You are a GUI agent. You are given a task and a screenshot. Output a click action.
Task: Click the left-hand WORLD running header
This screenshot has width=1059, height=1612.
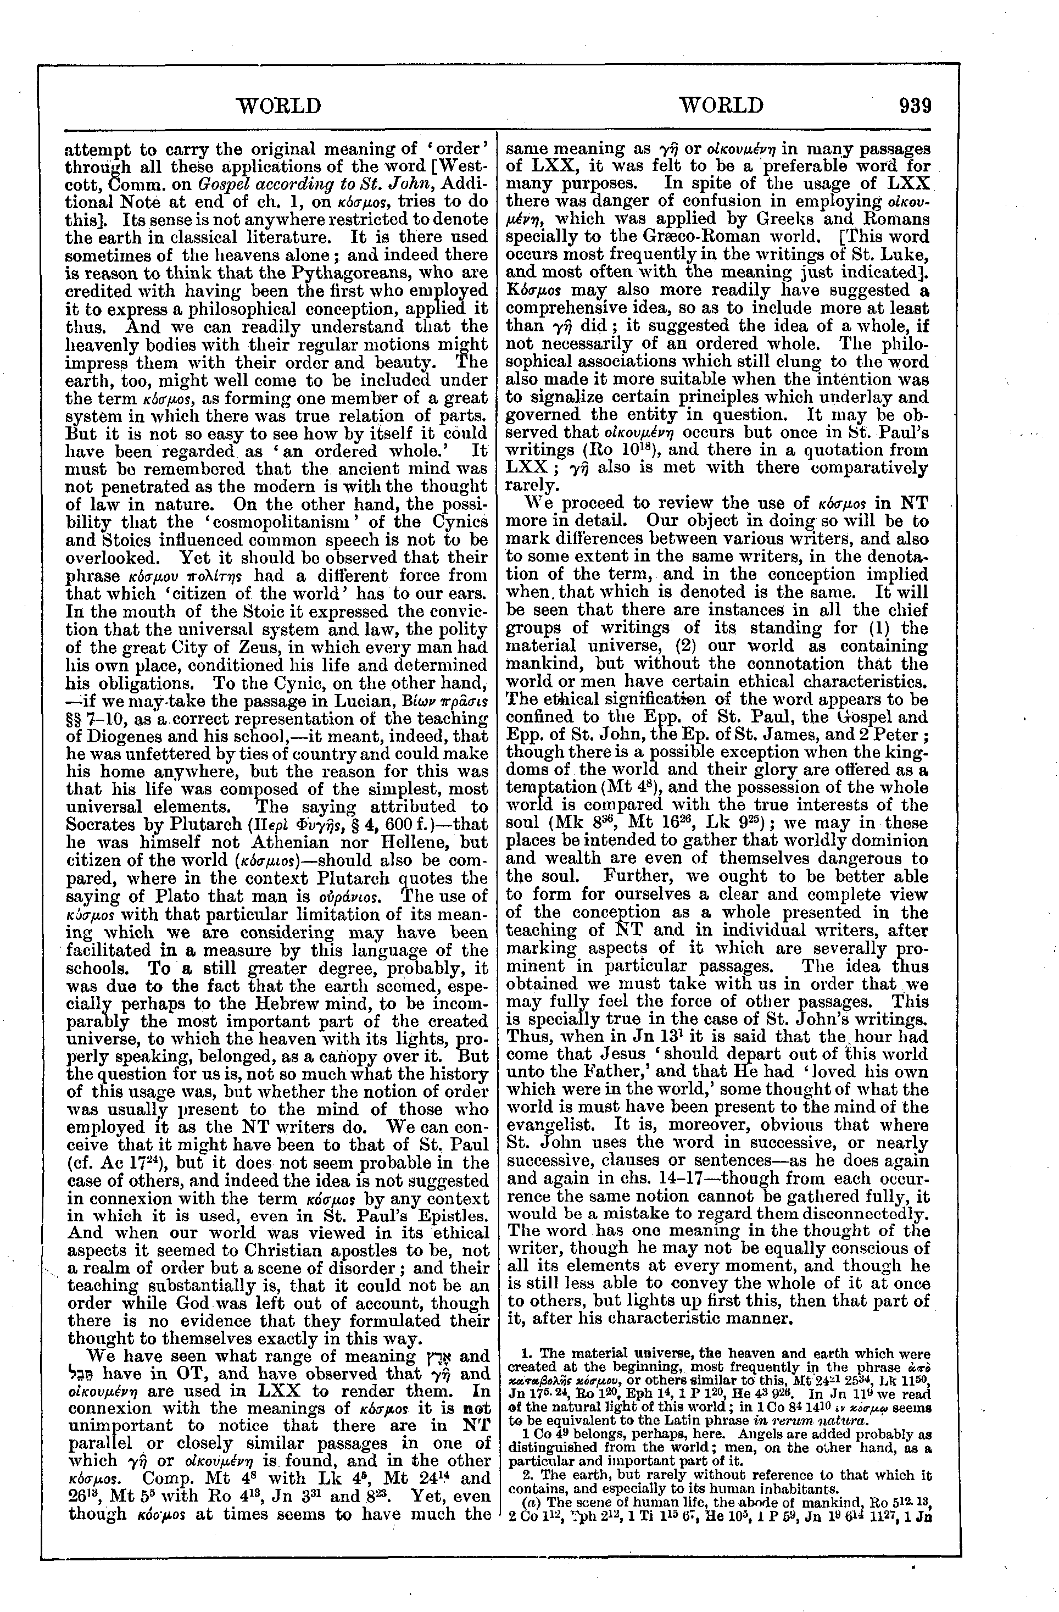click(277, 105)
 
